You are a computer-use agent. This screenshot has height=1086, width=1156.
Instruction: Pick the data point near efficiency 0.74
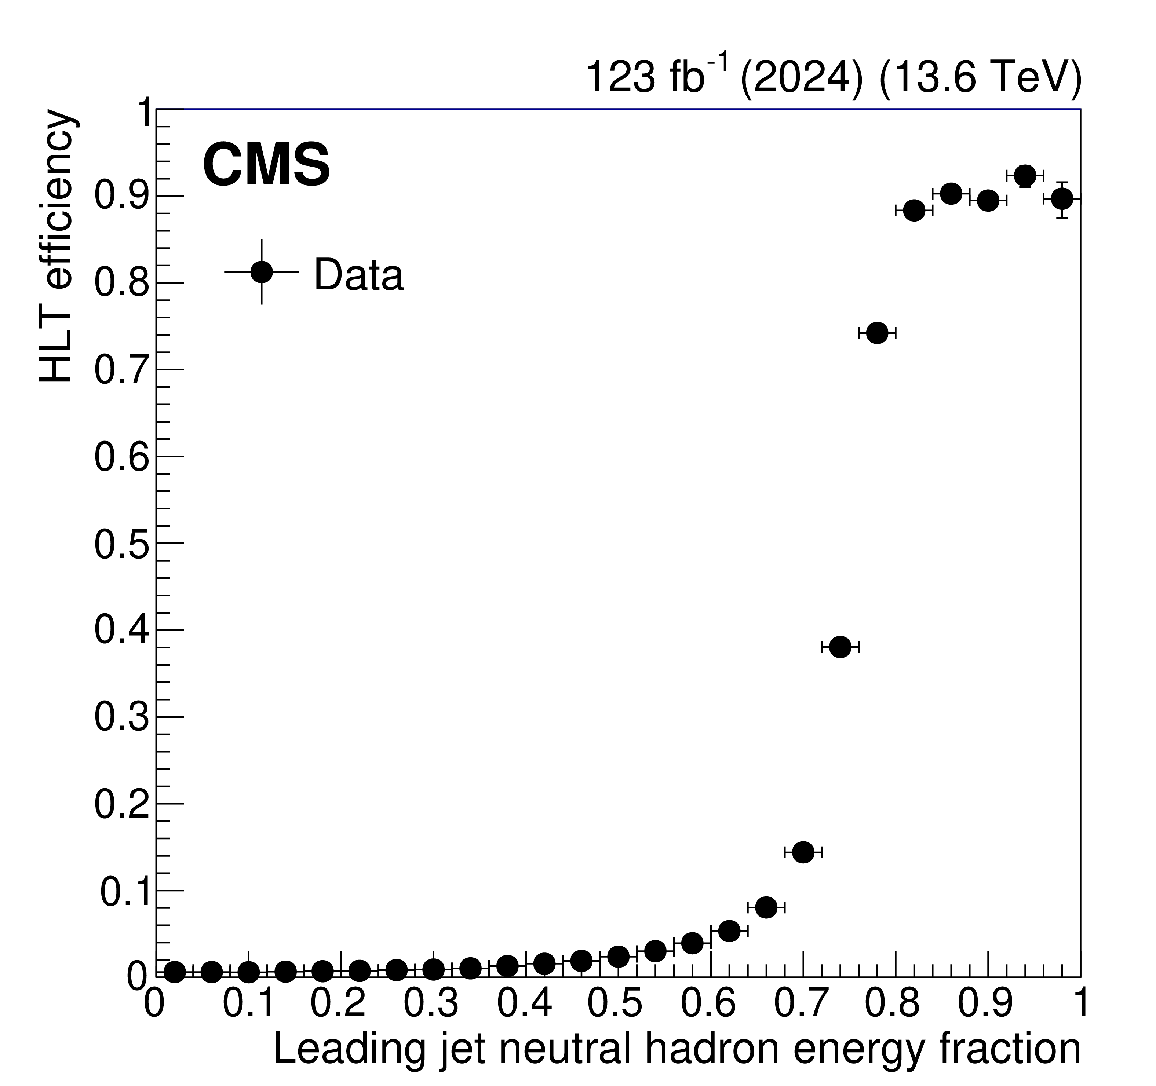click(877, 333)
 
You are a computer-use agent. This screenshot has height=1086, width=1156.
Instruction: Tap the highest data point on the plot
click(1025, 175)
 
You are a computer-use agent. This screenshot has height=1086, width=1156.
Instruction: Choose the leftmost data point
click(175, 971)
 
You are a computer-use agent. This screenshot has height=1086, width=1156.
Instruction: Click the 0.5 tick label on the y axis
click(121, 546)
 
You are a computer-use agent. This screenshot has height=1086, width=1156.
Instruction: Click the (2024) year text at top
click(801, 77)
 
